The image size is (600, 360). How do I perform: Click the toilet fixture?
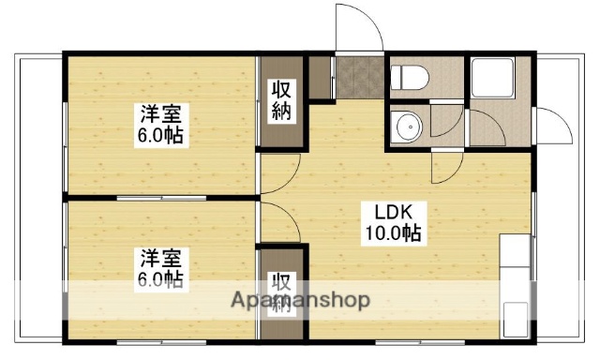[410, 77]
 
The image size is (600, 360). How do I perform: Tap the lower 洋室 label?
[161, 258]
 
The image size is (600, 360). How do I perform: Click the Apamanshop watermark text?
[299, 301]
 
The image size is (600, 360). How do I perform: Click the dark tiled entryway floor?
[357, 76]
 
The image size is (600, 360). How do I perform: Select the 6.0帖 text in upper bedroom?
[161, 136]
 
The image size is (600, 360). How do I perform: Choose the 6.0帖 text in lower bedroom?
[161, 278]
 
